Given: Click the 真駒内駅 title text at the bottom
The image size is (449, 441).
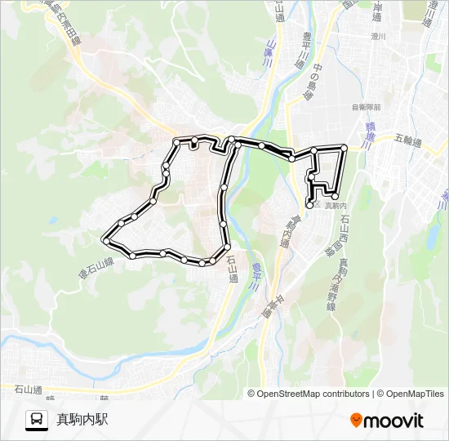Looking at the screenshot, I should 82,420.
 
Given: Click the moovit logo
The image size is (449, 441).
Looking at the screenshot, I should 387,421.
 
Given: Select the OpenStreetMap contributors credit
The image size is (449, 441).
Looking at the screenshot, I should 309,394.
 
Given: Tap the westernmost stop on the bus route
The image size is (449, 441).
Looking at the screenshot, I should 105,239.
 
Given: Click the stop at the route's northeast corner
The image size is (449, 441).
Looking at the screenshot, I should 345,148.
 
